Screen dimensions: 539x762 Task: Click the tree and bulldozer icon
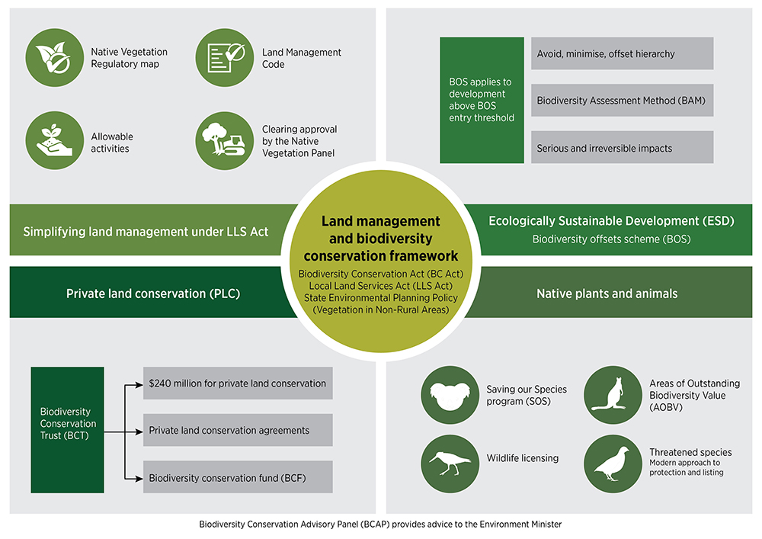(225, 141)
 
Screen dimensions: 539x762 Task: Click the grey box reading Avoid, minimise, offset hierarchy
(622, 54)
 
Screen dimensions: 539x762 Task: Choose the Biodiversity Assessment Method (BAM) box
(622, 101)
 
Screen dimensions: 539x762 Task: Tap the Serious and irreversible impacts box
(622, 148)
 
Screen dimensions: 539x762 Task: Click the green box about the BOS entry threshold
(482, 100)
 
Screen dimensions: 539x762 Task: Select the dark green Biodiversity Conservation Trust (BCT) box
(67, 430)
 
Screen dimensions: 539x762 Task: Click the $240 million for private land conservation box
(238, 383)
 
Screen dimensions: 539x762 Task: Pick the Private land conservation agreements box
(238, 430)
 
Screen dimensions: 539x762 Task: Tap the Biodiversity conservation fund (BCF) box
(238, 477)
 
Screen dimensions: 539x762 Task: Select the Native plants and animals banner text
(607, 293)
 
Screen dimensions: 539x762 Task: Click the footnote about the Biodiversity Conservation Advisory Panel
(380, 525)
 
